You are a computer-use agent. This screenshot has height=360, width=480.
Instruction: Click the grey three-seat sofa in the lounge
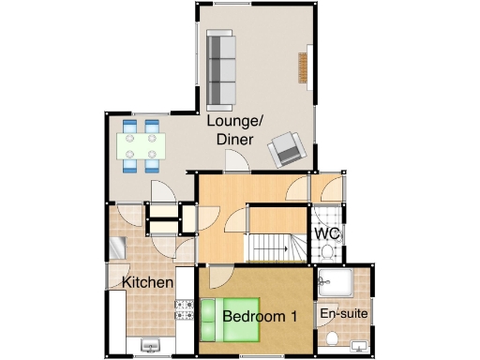pyautogui.click(x=220, y=69)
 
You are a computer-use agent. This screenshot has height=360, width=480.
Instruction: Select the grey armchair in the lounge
pyautogui.click(x=287, y=148)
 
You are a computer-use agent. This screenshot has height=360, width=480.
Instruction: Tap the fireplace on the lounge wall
pyautogui.click(x=303, y=68)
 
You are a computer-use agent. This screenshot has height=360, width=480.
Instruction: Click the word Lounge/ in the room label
pyautogui.click(x=234, y=123)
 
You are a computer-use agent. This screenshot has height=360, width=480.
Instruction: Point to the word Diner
pyautogui.click(x=234, y=140)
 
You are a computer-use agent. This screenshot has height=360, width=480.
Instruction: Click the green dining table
pyautogui.click(x=142, y=145)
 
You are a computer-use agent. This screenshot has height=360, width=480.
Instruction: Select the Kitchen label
pyautogui.click(x=147, y=281)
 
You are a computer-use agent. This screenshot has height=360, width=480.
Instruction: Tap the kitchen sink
pyautogui.click(x=149, y=346)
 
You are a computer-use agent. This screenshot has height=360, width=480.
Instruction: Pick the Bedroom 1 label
pyautogui.click(x=260, y=317)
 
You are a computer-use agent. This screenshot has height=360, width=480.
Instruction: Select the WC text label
pyautogui.click(x=326, y=233)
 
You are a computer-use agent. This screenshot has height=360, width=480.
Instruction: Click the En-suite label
pyautogui.click(x=343, y=313)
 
